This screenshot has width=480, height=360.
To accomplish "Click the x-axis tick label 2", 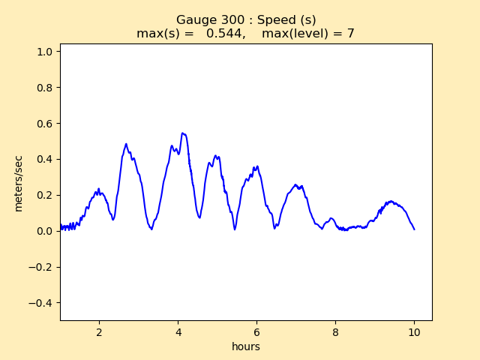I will (x=99, y=331).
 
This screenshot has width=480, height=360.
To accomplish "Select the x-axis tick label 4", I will (x=178, y=331).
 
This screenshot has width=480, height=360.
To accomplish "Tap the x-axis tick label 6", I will (x=256, y=331).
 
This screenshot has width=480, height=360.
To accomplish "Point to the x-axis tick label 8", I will (x=335, y=331).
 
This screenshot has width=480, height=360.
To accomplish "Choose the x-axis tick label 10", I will (x=414, y=331).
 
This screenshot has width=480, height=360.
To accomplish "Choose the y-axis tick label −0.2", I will (x=42, y=267).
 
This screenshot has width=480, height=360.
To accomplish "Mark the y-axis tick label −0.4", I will (x=42, y=303).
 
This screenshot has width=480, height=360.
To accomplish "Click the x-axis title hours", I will (x=246, y=346).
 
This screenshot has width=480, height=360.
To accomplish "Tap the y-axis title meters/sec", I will (x=18, y=182).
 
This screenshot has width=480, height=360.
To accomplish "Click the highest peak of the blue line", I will (x=182, y=133).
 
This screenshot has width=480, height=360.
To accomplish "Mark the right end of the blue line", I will (x=414, y=229).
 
